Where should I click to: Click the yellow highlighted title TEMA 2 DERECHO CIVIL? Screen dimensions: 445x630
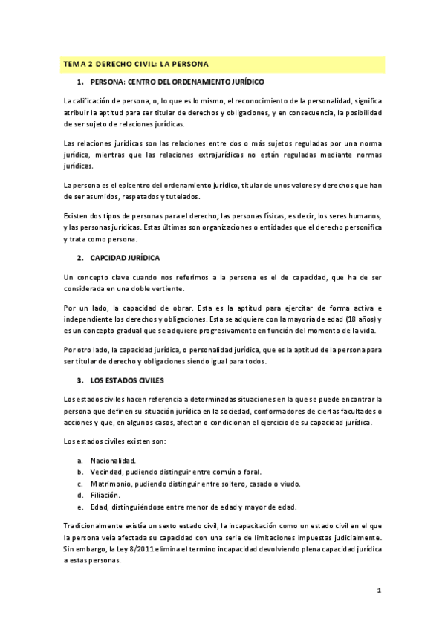click(x=137, y=64)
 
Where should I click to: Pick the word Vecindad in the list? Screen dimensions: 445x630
click(x=108, y=472)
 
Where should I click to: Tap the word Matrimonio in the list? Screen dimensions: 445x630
click(x=112, y=483)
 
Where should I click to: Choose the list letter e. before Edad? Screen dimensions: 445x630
click(x=79, y=506)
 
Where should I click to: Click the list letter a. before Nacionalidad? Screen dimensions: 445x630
click(x=79, y=461)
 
